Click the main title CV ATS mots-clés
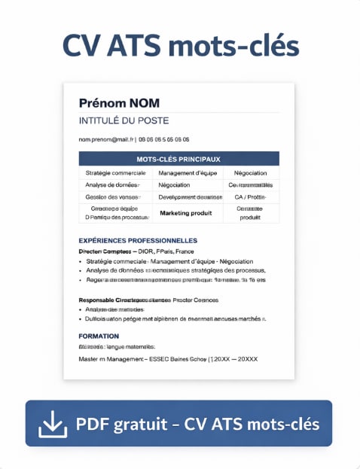click(x=180, y=46)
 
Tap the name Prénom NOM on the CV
click(x=119, y=103)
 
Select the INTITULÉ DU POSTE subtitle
click(x=124, y=120)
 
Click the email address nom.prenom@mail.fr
click(x=106, y=139)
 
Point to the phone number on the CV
click(x=164, y=139)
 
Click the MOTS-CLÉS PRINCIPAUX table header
click(x=178, y=159)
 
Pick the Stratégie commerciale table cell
click(x=115, y=173)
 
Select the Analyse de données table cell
click(x=112, y=185)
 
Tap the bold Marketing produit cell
click(x=186, y=213)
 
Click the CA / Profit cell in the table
click(x=250, y=197)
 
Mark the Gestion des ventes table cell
click(x=113, y=197)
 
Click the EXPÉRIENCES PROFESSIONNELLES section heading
click(x=133, y=241)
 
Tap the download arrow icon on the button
click(x=51, y=424)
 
